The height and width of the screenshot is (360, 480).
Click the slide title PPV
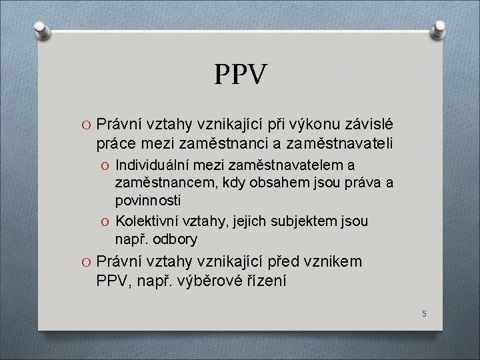241,75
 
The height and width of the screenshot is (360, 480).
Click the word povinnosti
147,199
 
